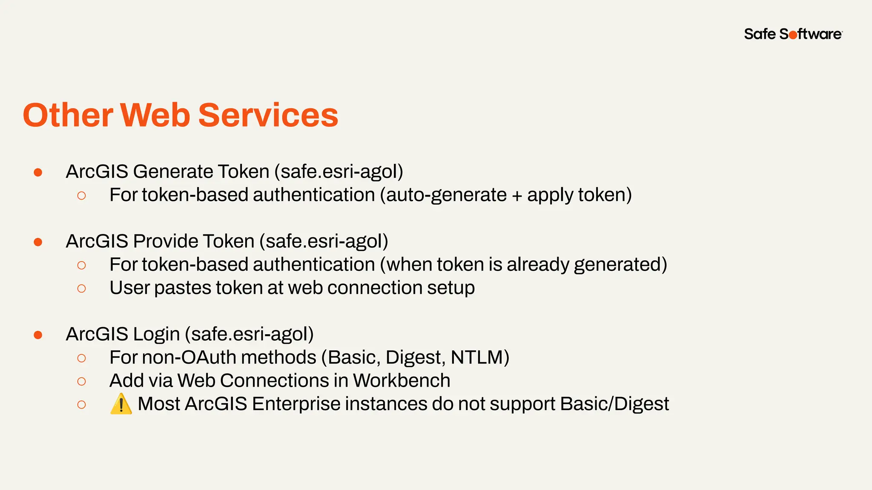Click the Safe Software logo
(793, 34)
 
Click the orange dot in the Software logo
(793, 35)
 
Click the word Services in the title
(268, 115)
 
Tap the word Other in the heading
(68, 115)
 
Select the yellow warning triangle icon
(121, 404)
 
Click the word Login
(156, 334)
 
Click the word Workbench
(401, 381)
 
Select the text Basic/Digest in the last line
(614, 404)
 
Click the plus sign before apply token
(517, 196)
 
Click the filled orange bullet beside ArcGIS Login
(38, 335)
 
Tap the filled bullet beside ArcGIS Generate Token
(38, 172)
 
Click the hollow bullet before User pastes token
(81, 288)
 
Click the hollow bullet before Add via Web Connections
(81, 381)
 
